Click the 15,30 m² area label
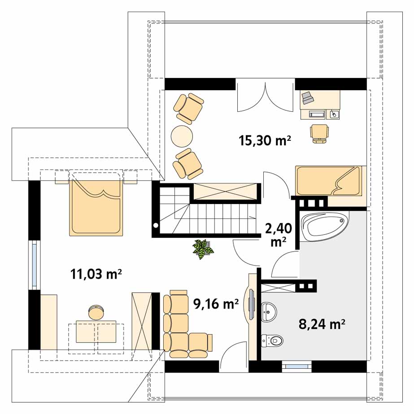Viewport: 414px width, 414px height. click(265, 140)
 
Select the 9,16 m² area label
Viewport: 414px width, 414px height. click(216, 304)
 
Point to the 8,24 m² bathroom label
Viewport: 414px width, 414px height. click(322, 324)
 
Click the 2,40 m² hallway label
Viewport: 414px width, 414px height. click(278, 235)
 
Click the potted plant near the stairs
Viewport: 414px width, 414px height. click(203, 249)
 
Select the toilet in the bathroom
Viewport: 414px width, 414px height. click(272, 340)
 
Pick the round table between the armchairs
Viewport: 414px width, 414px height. click(182, 136)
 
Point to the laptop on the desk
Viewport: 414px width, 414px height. click(307, 98)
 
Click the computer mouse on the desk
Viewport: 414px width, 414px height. click(334, 114)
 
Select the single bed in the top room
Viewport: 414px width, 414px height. click(328, 181)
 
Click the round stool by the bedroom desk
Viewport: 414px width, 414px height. click(96, 312)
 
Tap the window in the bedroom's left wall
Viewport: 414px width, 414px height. click(35, 265)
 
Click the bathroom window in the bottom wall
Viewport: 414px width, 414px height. click(296, 366)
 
